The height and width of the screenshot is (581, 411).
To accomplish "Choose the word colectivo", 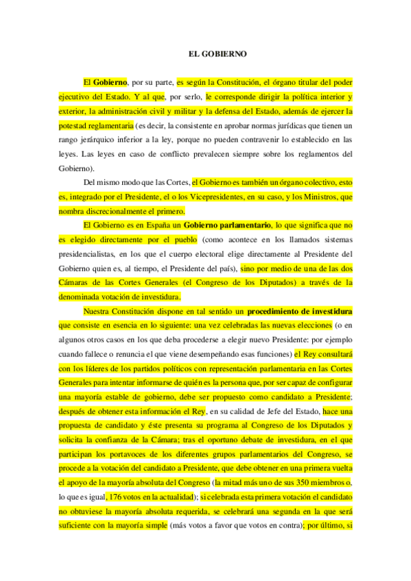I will click(299, 182).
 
